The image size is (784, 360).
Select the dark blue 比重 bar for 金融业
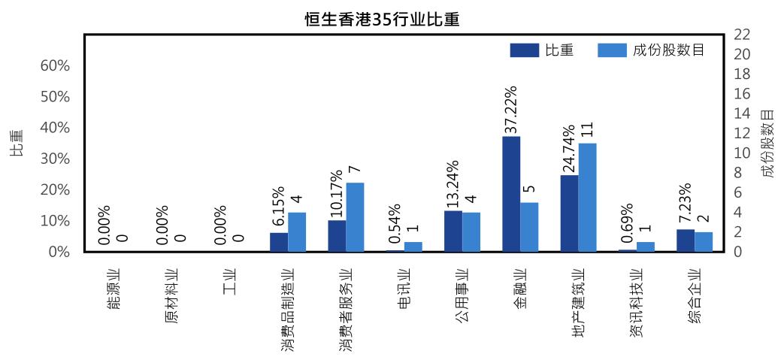[x=511, y=194]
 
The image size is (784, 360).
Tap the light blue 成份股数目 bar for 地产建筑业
[x=587, y=197]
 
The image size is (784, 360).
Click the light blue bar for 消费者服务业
[x=355, y=216]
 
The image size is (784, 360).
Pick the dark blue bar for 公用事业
[x=453, y=231]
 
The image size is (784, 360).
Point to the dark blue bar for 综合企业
[x=686, y=240]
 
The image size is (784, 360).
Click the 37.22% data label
[x=510, y=109]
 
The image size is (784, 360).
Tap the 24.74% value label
[x=569, y=148]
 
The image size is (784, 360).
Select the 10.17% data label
[x=336, y=193]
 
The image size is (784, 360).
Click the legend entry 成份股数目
[x=651, y=50]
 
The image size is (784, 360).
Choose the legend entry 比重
[x=542, y=50]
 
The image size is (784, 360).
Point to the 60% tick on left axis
[x=55, y=65]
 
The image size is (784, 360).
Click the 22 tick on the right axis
[x=741, y=35]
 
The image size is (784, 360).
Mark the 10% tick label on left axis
[x=55, y=221]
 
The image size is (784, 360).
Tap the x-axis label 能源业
[x=114, y=289]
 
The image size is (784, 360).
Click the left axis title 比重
[x=17, y=143]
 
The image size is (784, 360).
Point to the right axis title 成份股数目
[x=767, y=143]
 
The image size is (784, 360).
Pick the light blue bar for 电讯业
[x=413, y=247]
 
